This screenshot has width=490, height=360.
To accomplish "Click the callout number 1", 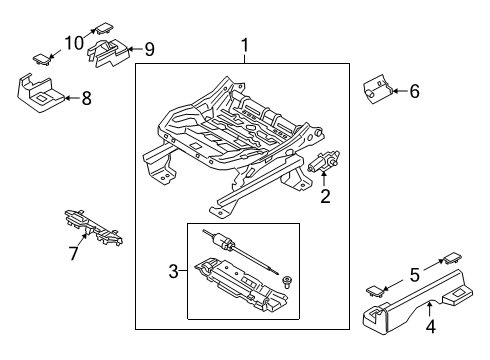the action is [x=245, y=45].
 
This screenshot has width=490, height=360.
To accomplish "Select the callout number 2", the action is [x=325, y=196].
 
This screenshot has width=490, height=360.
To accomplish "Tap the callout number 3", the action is [x=174, y=271].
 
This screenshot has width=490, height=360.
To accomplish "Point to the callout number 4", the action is [x=431, y=326].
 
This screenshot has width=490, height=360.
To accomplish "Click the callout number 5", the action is [x=414, y=275].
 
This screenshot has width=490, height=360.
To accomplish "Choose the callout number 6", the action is [x=414, y=91].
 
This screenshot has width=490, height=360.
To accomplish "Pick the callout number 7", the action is [x=74, y=253].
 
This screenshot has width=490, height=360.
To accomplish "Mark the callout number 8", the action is [x=87, y=98].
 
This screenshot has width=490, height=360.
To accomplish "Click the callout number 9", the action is [x=150, y=49].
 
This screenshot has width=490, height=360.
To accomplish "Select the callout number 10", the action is [x=74, y=43].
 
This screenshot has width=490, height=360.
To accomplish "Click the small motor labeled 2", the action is [x=323, y=161].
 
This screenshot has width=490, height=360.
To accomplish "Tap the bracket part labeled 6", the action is [x=377, y=90].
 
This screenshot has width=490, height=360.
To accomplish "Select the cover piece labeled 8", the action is [x=40, y=94].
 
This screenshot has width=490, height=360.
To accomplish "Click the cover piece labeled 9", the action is [x=107, y=53].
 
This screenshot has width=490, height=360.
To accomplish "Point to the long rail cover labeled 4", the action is [x=418, y=302].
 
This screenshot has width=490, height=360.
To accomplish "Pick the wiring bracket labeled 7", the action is [x=94, y=228].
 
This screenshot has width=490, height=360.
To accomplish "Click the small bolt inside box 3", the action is [x=286, y=282].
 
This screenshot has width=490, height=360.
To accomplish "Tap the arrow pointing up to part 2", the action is [x=324, y=179].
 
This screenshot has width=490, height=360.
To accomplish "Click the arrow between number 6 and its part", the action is [x=400, y=91].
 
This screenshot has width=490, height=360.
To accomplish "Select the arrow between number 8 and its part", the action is [x=72, y=98].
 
